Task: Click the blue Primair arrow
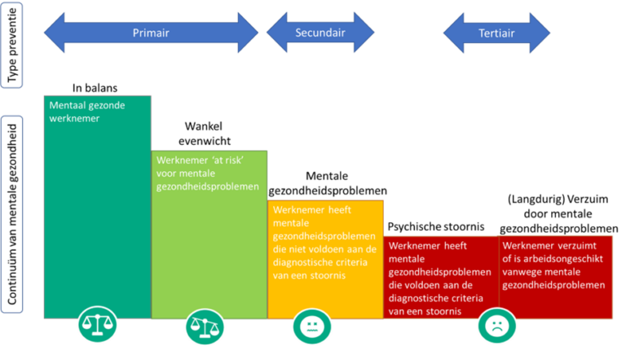pyautogui.click(x=151, y=33)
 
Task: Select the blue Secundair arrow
pyautogui.click(x=320, y=33)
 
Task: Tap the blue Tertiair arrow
pyautogui.click(x=496, y=33)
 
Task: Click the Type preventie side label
pyautogui.click(x=12, y=45)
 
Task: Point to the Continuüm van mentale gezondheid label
pyautogui.click(x=12, y=214)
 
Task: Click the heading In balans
pyautogui.click(x=95, y=88)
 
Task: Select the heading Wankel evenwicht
pyautogui.click(x=204, y=134)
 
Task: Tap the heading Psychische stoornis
pyautogui.click(x=436, y=226)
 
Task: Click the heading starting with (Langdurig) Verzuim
pyautogui.click(x=558, y=213)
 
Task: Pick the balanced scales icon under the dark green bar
pyautogui.click(x=98, y=324)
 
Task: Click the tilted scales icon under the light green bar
pyautogui.click(x=205, y=327)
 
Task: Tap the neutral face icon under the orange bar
pyautogui.click(x=312, y=327)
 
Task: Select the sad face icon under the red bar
pyautogui.click(x=496, y=326)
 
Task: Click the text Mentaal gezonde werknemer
pyautogui.click(x=87, y=112)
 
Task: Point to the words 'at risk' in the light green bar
pyautogui.click(x=228, y=160)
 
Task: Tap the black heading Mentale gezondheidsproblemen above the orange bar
pyautogui.click(x=328, y=183)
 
